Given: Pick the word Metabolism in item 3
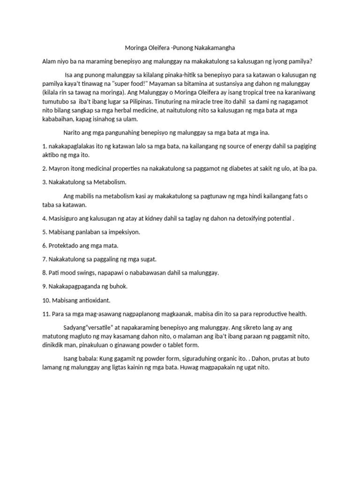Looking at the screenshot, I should (110, 182).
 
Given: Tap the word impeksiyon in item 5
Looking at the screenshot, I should (123, 232).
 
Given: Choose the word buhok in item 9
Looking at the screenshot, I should (117, 286).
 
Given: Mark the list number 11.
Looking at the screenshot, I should (46, 313).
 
